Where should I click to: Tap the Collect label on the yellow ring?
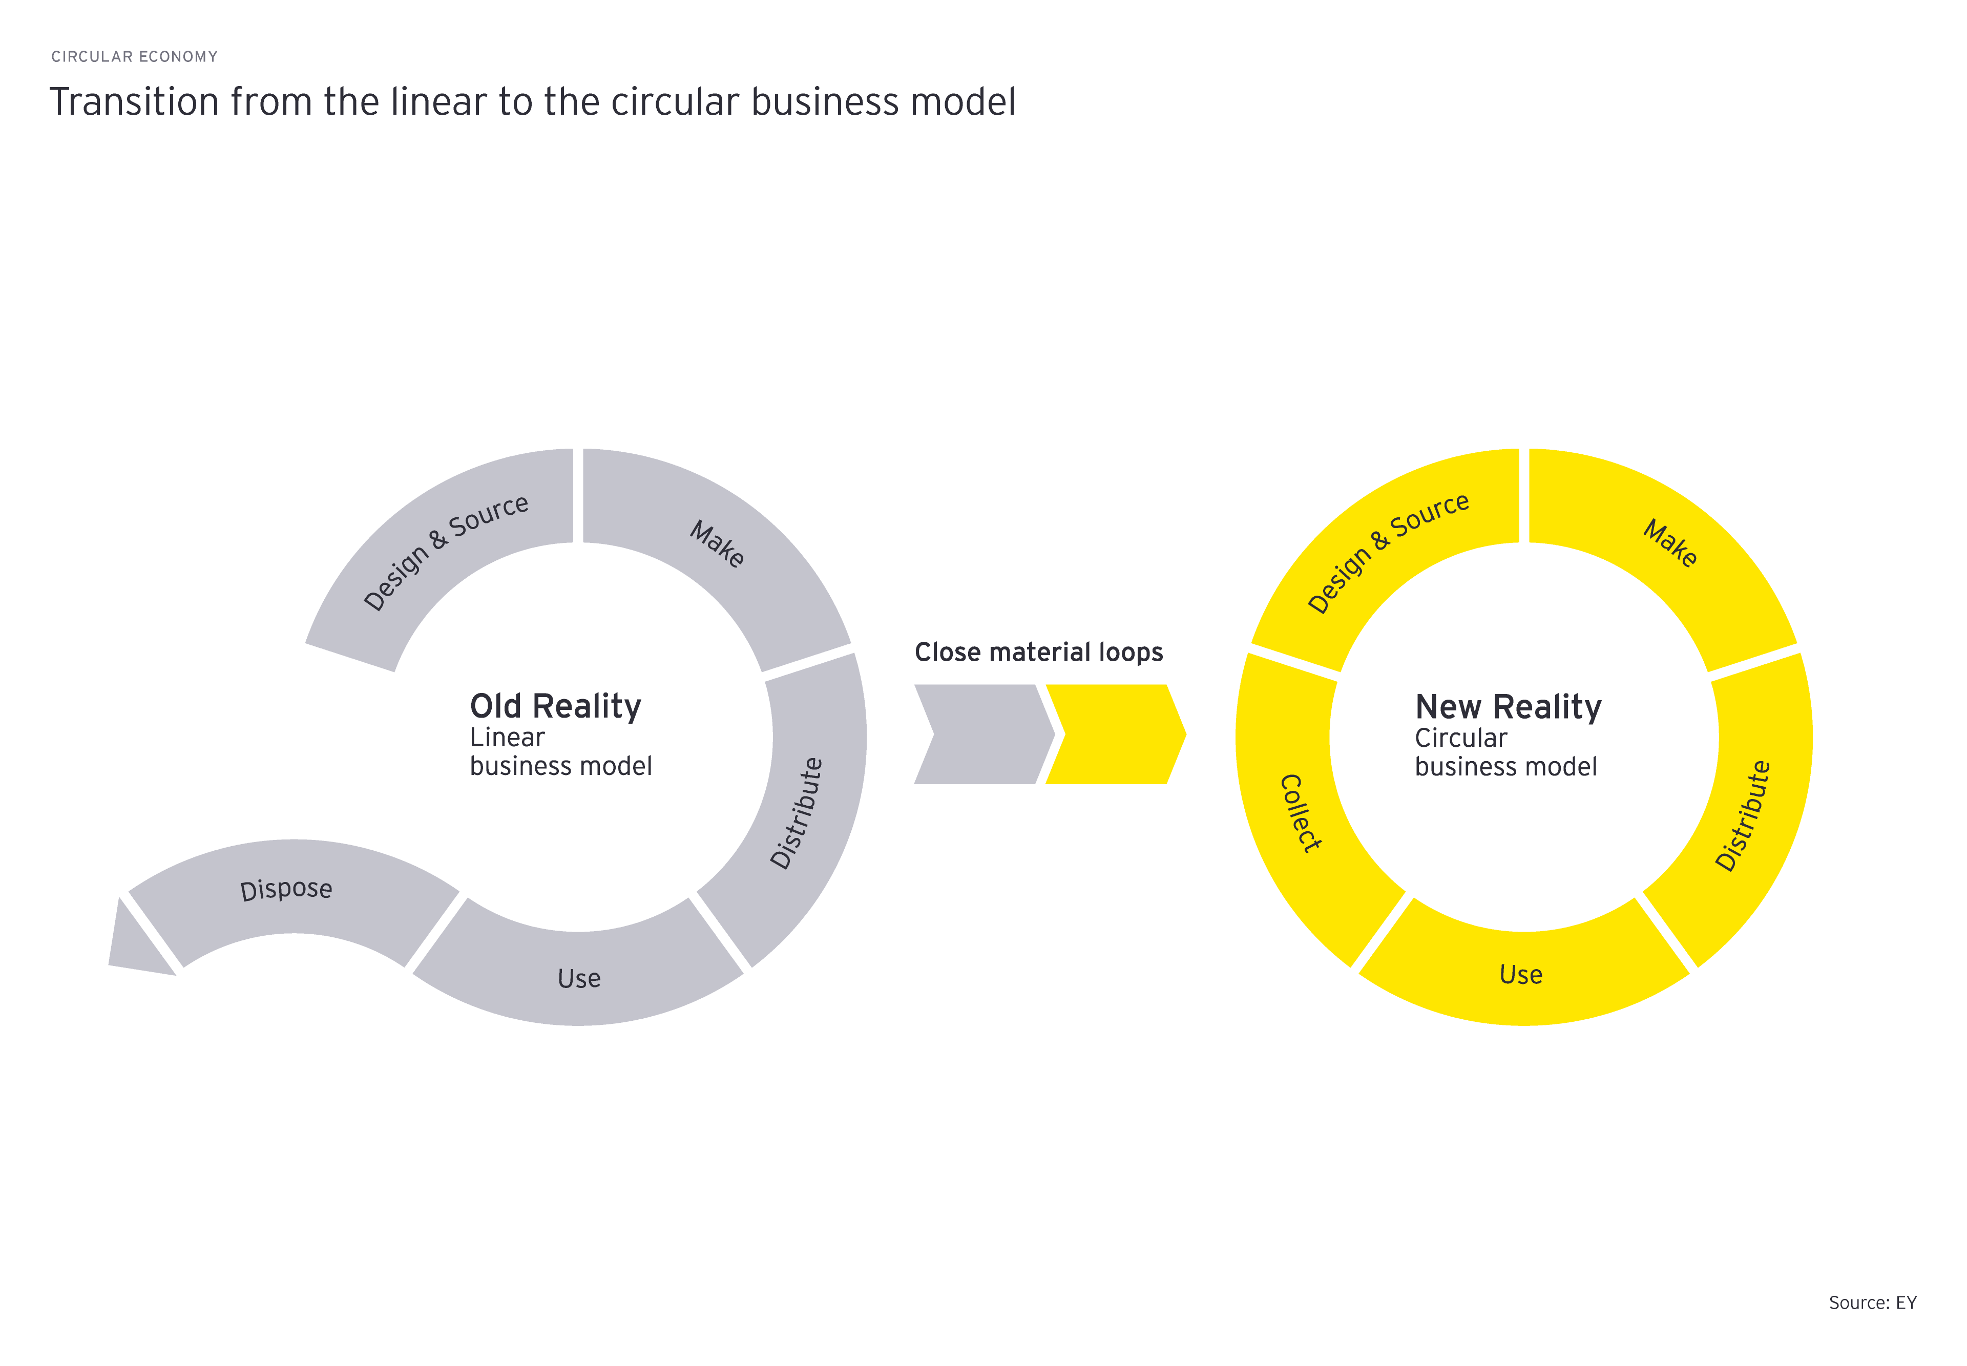1300,813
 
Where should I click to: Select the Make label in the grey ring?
717,543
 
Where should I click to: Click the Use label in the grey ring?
579,978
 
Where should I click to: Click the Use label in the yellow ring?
1520,975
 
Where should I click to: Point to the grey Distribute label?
796,813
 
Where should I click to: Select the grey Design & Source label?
445,552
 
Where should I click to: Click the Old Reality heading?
555,707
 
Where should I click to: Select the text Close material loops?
1038,652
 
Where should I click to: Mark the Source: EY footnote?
1872,1302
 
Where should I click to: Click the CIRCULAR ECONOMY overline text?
134,56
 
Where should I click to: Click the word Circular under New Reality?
1460,738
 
